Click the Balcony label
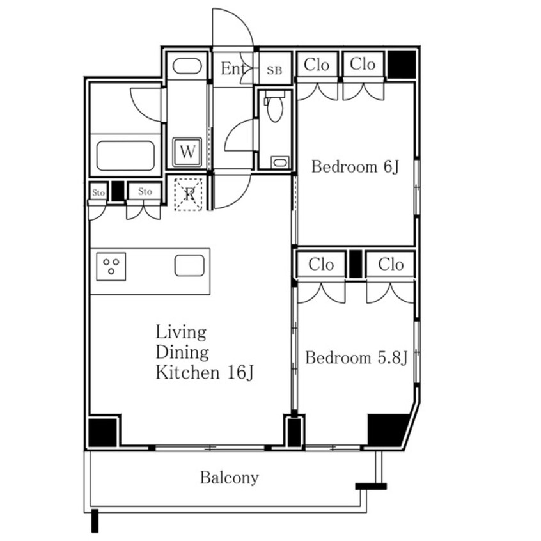(x=230, y=478)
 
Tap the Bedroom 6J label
(x=355, y=167)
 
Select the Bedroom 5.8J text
(x=356, y=358)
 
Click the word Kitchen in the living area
(x=187, y=373)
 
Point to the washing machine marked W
(x=187, y=152)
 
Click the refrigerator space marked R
(x=189, y=194)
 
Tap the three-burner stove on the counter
(x=111, y=267)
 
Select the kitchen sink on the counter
(x=189, y=265)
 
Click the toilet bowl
(x=275, y=106)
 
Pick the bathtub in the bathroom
(x=125, y=155)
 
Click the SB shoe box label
(x=274, y=70)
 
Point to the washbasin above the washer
(x=187, y=66)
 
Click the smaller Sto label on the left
(x=98, y=192)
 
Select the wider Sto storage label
(x=145, y=191)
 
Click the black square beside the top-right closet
(x=402, y=64)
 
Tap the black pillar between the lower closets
(x=356, y=264)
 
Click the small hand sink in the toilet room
(x=280, y=162)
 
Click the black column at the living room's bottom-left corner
(x=102, y=432)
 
